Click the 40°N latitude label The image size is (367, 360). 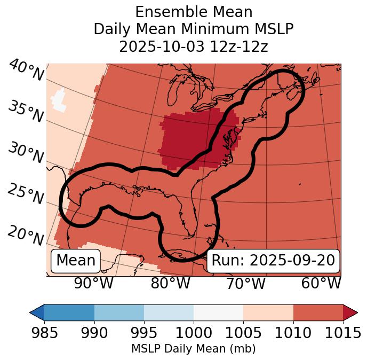[x=26, y=71]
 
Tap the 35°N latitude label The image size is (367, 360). [x=26, y=111]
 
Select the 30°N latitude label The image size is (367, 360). [x=26, y=153]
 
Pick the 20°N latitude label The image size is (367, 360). [x=26, y=234]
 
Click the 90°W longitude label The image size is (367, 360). [x=93, y=283]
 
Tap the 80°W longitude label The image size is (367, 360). [x=170, y=283]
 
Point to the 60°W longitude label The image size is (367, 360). [x=321, y=283]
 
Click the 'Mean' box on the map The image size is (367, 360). [x=76, y=261]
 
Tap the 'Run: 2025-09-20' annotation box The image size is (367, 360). [x=273, y=261]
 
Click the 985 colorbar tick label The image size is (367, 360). [x=44, y=333]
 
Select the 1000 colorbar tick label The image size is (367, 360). [x=194, y=333]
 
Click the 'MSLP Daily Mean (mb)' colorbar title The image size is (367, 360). [x=194, y=349]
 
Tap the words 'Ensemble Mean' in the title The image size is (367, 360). [x=194, y=12]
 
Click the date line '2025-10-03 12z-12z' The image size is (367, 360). [x=194, y=46]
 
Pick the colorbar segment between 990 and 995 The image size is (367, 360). [x=119, y=312]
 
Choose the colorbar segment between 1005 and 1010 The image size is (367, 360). [x=268, y=312]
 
